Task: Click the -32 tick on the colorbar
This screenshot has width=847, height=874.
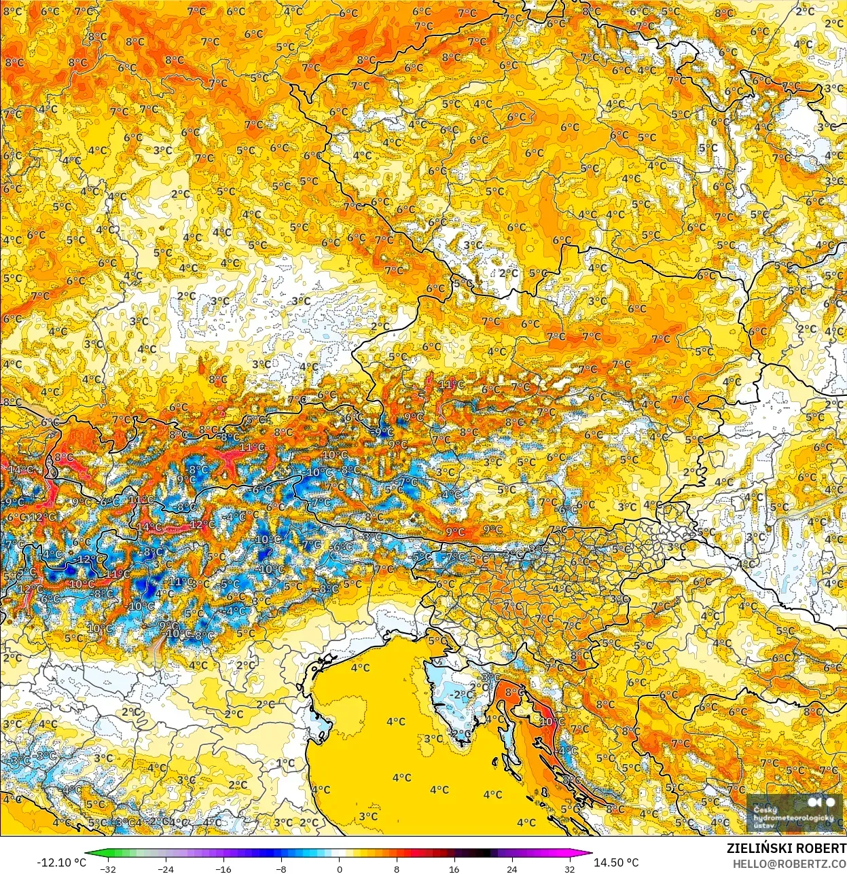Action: click(x=107, y=869)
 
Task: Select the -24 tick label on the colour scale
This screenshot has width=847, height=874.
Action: click(x=165, y=869)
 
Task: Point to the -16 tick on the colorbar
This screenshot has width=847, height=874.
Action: click(x=223, y=869)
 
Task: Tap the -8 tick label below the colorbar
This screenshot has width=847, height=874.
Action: click(x=281, y=869)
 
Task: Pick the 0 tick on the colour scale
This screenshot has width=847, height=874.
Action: click(x=339, y=869)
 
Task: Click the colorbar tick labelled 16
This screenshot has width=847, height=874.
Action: click(x=454, y=869)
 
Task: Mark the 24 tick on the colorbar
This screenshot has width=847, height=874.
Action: click(x=512, y=869)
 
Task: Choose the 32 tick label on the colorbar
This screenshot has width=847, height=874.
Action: click(x=570, y=869)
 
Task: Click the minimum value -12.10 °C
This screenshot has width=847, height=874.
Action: click(x=61, y=862)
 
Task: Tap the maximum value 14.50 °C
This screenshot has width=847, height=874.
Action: click(x=617, y=862)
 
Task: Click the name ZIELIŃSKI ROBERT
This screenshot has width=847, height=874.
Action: click(x=786, y=848)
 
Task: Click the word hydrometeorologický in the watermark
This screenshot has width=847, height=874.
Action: click(x=793, y=818)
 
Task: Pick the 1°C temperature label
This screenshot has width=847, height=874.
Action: click(x=286, y=763)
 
